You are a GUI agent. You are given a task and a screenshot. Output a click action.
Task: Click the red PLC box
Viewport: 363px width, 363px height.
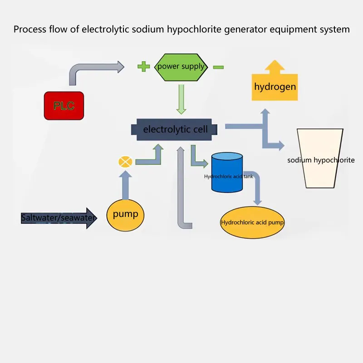tap(64, 106)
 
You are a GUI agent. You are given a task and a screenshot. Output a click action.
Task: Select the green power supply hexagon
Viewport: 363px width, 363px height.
tap(181, 67)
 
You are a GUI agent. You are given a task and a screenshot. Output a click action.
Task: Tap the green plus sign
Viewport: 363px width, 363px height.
tap(143, 67)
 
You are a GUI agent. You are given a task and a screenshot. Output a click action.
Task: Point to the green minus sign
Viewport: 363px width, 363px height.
tap(218, 67)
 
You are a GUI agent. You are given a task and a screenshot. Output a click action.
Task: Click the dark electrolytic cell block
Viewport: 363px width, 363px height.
tap(175, 129)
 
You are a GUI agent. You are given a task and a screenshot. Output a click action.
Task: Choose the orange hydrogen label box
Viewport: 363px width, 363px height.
tap(275, 86)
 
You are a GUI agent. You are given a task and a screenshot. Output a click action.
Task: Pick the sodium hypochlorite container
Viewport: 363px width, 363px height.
tap(320, 159)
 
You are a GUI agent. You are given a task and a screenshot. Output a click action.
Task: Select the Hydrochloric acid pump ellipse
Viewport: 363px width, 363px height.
tap(252, 223)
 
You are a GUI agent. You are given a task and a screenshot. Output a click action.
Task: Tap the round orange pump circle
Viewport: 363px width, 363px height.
tap(125, 214)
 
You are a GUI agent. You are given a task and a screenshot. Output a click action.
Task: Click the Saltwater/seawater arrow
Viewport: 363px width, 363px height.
tap(59, 218)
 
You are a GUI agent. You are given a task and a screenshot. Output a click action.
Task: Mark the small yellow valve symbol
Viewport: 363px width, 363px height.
tap(125, 162)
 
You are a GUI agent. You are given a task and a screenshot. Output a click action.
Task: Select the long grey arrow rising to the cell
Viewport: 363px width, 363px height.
tap(181, 191)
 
